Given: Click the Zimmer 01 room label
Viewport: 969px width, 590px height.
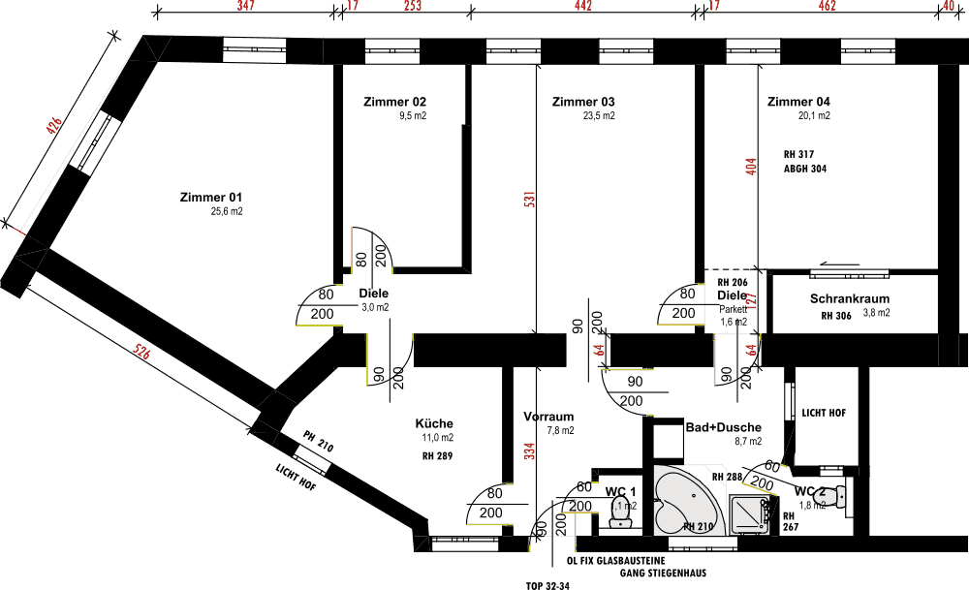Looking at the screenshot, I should (x=210, y=197).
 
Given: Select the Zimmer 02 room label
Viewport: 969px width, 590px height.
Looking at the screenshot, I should (x=394, y=102).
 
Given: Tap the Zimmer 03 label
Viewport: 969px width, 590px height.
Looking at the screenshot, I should (x=583, y=102).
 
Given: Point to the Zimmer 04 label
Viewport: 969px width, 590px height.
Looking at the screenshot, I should (x=798, y=102).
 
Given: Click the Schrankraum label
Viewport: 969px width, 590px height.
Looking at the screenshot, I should (x=850, y=299).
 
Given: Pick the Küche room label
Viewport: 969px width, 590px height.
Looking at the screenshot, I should (x=434, y=423).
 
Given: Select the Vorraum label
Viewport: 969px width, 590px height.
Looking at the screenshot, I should (x=548, y=417).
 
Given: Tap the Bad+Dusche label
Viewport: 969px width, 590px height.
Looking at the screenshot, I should (x=723, y=427).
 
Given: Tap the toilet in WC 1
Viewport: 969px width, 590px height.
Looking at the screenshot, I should (x=619, y=511).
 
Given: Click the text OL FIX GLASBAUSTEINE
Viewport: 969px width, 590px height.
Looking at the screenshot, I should (x=618, y=560).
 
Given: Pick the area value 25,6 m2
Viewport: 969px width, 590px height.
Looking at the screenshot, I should (x=227, y=211).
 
